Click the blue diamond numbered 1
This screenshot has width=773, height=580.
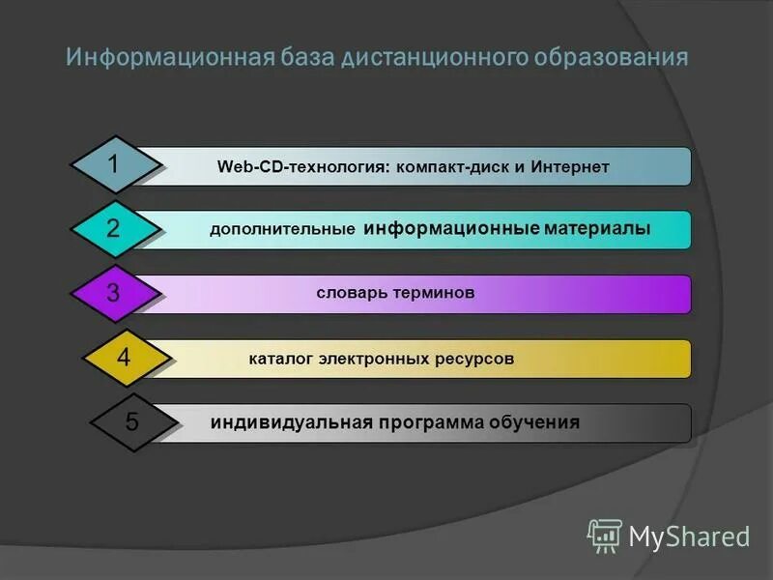(114, 165)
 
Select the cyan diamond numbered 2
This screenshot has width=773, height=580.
(114, 229)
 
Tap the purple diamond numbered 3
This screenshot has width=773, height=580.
(114, 293)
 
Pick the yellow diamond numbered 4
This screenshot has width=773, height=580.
(123, 358)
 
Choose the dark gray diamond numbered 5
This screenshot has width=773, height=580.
(132, 422)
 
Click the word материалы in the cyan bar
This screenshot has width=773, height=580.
(597, 229)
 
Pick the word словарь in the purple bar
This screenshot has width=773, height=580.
(350, 292)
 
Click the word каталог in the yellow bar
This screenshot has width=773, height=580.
(281, 359)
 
